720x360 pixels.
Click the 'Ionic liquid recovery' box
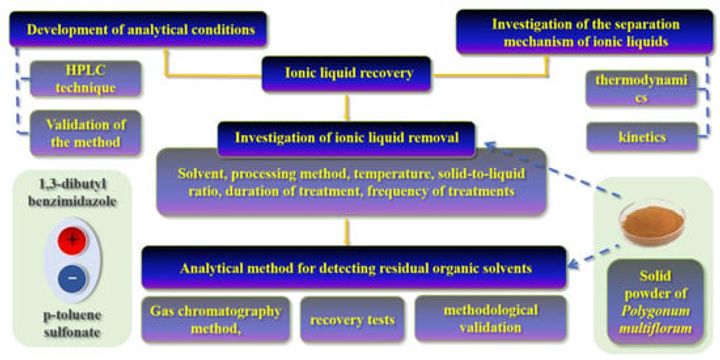point(346,73)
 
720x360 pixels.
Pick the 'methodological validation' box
point(490,319)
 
